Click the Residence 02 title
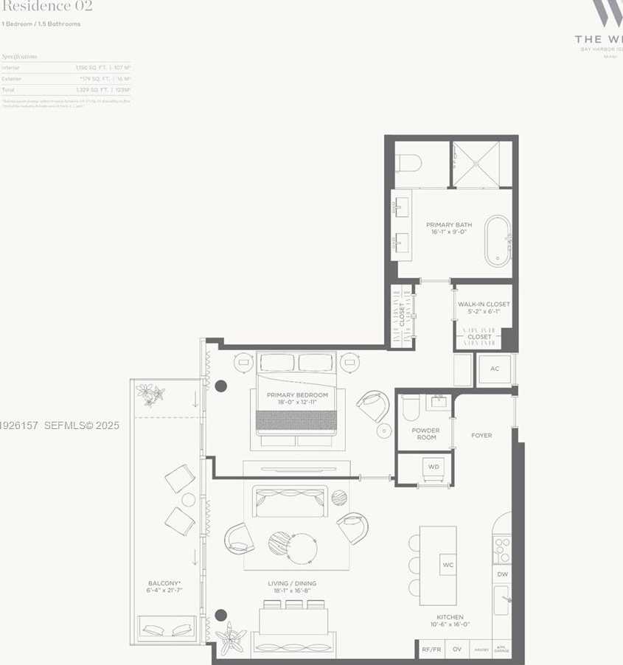[46, 7]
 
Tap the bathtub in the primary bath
[498, 241]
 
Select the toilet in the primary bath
[408, 163]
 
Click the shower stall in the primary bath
[481, 164]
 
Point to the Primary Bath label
[449, 228]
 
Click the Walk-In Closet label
[483, 307]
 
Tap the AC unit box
[494, 369]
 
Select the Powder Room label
[425, 434]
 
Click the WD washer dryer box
[433, 467]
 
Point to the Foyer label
[481, 436]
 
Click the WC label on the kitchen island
[448, 565]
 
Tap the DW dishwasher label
[502, 574]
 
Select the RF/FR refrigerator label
[431, 650]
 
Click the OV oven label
[456, 650]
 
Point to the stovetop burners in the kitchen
[502, 549]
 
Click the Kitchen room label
[450, 621]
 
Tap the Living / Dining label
[292, 588]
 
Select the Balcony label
[164, 588]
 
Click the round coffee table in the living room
[302, 548]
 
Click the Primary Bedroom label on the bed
[297, 399]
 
